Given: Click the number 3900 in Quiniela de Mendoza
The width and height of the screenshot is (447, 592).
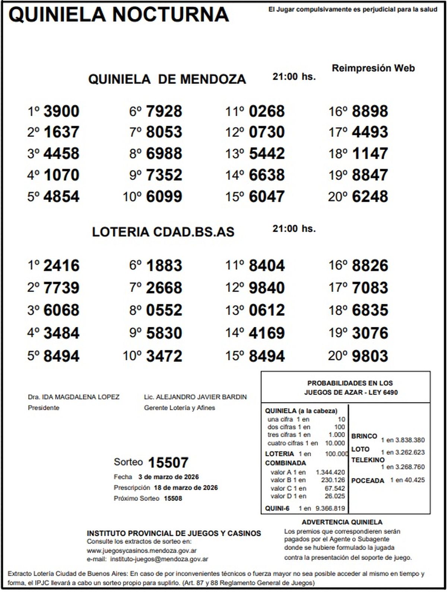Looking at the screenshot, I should [x=61, y=111].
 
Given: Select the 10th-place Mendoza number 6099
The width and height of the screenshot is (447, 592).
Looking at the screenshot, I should [x=164, y=197].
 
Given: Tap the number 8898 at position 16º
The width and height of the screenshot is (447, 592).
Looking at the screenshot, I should [x=370, y=111].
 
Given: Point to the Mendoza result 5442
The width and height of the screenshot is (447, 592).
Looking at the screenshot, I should [x=267, y=154].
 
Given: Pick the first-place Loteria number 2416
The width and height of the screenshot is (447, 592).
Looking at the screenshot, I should [x=61, y=266].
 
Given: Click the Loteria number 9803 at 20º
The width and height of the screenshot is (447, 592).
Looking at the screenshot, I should [x=370, y=356].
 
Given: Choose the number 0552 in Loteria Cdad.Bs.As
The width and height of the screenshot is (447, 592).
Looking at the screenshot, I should [x=164, y=310].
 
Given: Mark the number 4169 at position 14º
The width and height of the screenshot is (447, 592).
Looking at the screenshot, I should [x=267, y=333].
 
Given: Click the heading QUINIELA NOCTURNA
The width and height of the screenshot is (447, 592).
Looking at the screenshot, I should [x=118, y=15].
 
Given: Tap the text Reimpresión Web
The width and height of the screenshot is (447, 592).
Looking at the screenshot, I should [x=373, y=68].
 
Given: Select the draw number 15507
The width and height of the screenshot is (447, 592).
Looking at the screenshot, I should [x=168, y=463].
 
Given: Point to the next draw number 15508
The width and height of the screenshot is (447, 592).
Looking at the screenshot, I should [x=173, y=498].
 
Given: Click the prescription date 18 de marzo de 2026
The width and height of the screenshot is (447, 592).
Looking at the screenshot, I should [x=186, y=488].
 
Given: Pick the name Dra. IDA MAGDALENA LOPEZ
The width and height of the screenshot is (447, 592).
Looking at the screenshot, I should [x=73, y=397].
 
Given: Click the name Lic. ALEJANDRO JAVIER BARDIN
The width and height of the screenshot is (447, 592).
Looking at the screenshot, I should [x=195, y=397].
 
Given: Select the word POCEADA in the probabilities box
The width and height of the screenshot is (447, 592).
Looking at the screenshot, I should [x=367, y=480].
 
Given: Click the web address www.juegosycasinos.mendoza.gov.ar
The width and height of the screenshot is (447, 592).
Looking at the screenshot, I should [x=142, y=551].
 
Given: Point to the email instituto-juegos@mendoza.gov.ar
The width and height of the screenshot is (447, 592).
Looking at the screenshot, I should [x=159, y=559].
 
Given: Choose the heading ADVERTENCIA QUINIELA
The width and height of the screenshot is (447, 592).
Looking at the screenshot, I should [x=342, y=522].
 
